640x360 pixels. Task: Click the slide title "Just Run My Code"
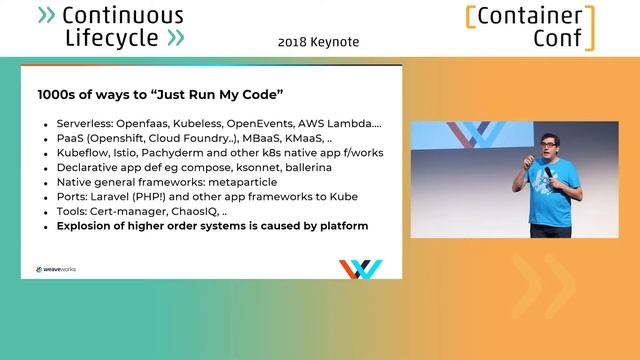(x=161, y=95)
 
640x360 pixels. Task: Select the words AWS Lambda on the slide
(x=339, y=125)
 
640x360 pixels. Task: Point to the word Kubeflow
(x=85, y=154)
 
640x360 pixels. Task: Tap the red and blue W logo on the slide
(x=360, y=269)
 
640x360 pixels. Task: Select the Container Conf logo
(x=529, y=27)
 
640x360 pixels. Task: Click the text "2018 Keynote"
(x=318, y=42)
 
